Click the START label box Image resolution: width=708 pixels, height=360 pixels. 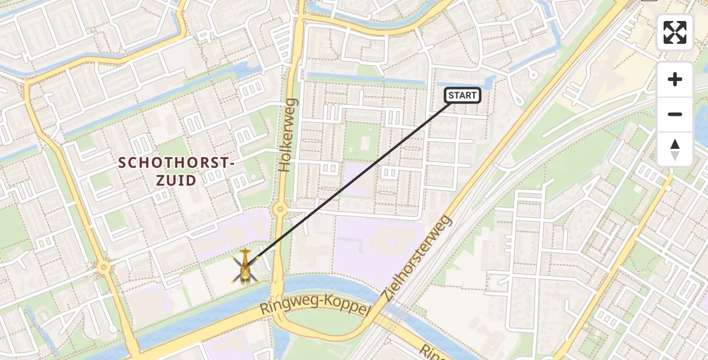coord(462,95)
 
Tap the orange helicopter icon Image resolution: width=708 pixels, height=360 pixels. coord(244,268)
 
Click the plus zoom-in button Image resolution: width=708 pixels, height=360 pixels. coord(675,79)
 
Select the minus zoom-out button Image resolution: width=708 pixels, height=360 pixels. coord(675,114)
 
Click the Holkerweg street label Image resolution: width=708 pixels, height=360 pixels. coord(288,135)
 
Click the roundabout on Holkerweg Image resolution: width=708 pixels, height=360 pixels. coord(280,209)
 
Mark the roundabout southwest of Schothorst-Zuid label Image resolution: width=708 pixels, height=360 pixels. coord(104,266)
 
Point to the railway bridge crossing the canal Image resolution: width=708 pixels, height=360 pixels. coord(390,313)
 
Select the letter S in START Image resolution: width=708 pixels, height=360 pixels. coord(451,95)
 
